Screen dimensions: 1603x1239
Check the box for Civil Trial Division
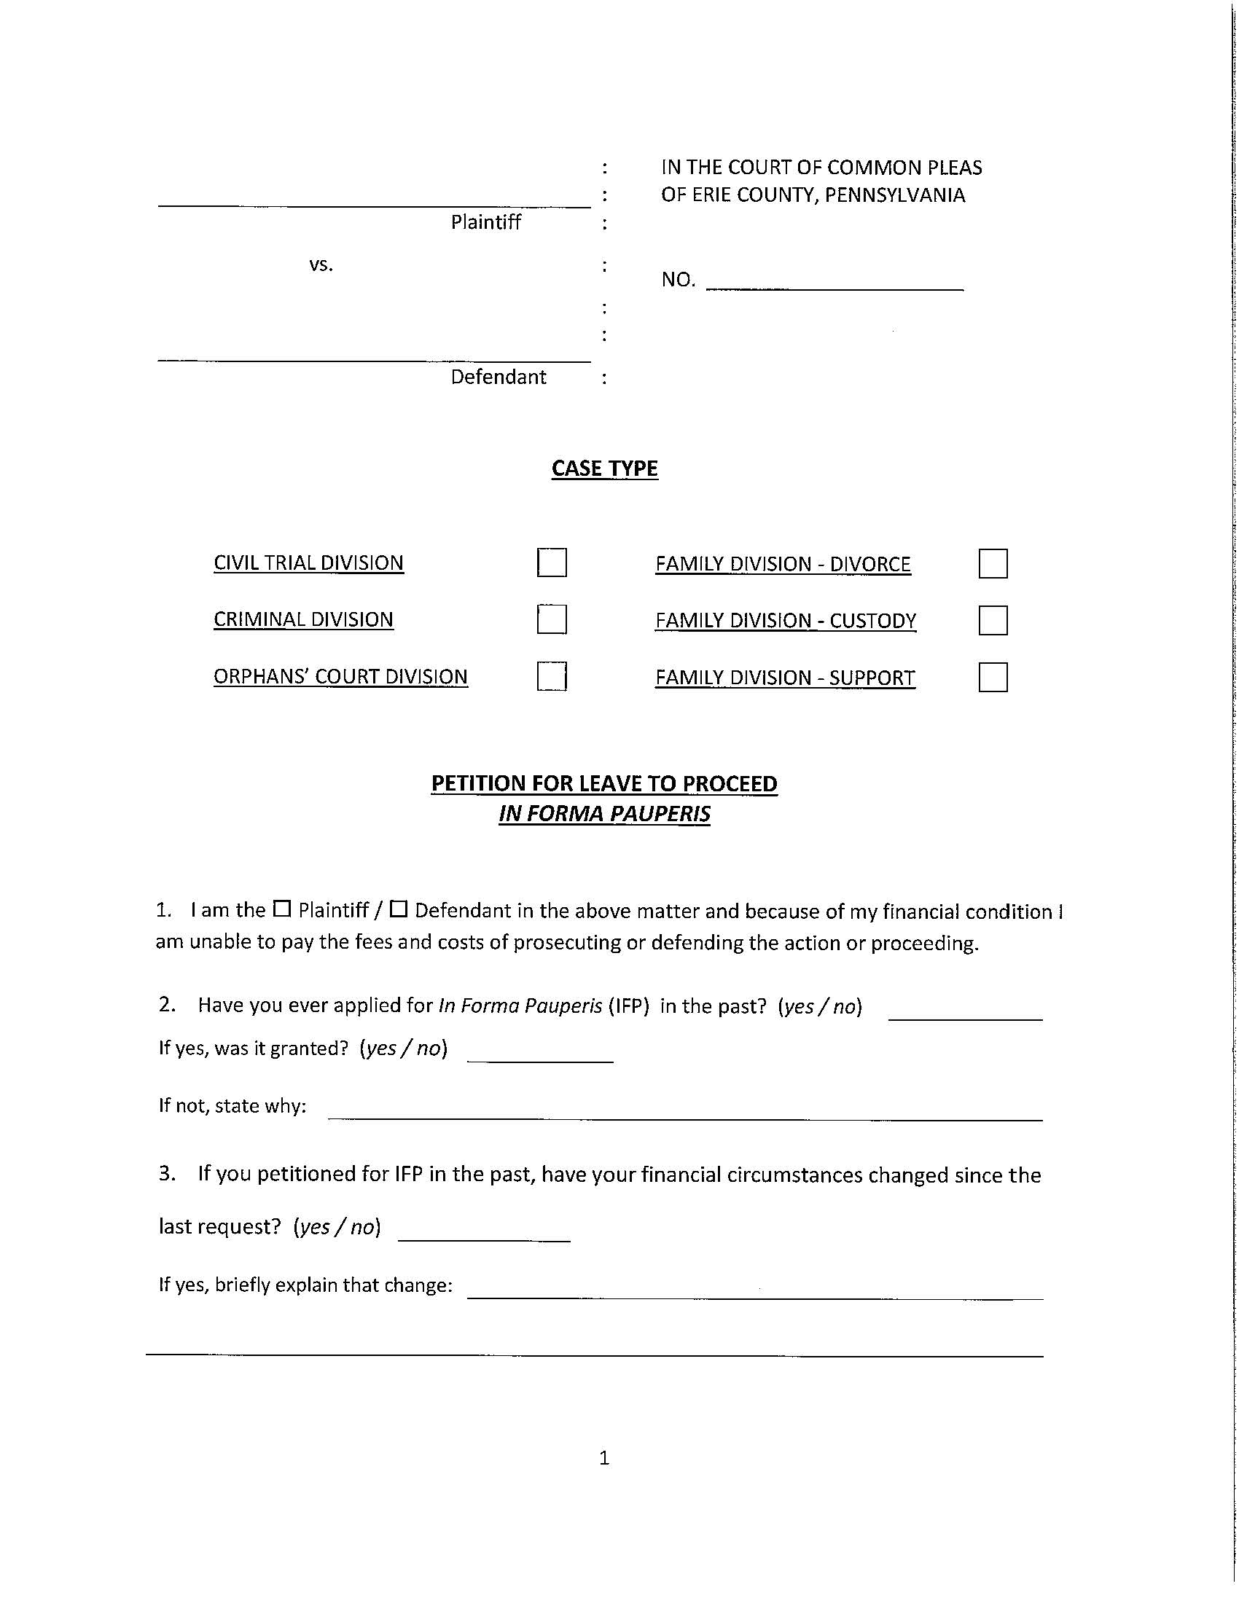(x=551, y=563)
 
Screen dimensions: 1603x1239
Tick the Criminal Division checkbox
(x=551, y=619)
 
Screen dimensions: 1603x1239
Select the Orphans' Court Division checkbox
(x=551, y=676)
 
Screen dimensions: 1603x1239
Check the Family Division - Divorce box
(x=993, y=564)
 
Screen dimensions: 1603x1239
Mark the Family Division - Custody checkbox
(x=993, y=620)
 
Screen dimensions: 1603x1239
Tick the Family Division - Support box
(x=993, y=677)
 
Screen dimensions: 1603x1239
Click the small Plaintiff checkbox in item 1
(x=282, y=909)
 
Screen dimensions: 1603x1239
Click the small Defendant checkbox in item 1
(x=398, y=909)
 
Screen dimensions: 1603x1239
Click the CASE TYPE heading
(x=604, y=469)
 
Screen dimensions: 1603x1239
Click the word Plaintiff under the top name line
(x=485, y=222)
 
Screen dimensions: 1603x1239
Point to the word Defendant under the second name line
(x=499, y=377)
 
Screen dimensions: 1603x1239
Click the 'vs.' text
(x=321, y=264)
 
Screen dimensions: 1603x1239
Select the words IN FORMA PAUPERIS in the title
(x=604, y=813)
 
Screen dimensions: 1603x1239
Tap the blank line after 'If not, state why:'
(x=685, y=1111)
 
